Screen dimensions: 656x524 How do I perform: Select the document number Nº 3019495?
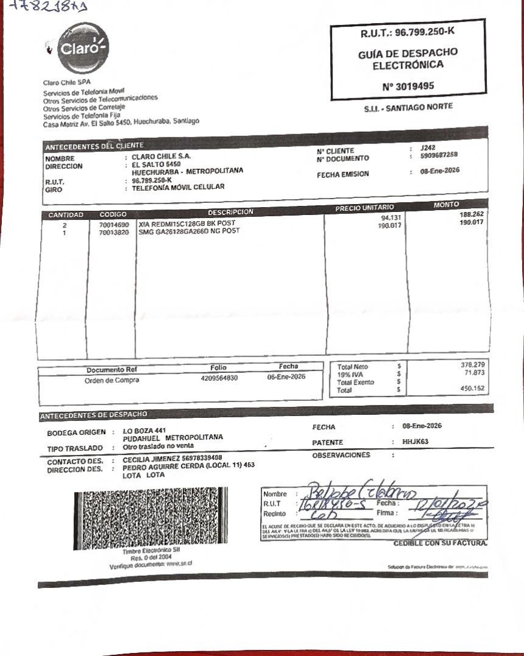(x=408, y=86)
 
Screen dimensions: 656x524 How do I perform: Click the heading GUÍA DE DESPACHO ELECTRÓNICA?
(x=408, y=58)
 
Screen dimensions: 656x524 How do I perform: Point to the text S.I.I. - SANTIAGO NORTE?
(x=409, y=107)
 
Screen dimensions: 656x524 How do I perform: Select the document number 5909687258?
(x=439, y=155)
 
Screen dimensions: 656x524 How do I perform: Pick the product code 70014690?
(x=114, y=224)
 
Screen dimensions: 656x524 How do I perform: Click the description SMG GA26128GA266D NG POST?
(x=189, y=231)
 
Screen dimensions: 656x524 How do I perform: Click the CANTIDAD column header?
(x=65, y=215)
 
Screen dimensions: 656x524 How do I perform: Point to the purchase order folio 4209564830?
(x=219, y=378)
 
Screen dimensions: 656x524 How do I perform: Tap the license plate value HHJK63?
(x=415, y=442)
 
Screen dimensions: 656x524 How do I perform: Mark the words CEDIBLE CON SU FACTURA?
(x=440, y=542)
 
